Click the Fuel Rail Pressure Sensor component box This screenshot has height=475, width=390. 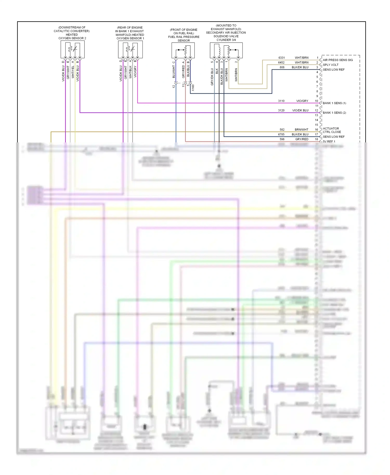pyautogui.click(x=183, y=50)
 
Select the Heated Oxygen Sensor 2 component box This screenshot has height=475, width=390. pyautogui.click(x=73, y=49)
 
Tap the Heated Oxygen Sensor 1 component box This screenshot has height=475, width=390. pyautogui.click(x=130, y=49)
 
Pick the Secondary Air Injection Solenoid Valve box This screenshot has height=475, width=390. pyautogui.click(x=226, y=50)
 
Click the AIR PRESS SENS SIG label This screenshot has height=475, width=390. pyautogui.click(x=338, y=60)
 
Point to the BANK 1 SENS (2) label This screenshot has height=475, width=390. pyautogui.click(x=334, y=113)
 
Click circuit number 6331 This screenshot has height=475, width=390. pyautogui.click(x=282, y=58)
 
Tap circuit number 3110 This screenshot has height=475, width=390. pyautogui.click(x=281, y=101)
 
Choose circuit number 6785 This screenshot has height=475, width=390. pyautogui.click(x=281, y=134)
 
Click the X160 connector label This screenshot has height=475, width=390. pyautogui.click(x=193, y=88)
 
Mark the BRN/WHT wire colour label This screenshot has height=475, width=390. pyautogui.click(x=302, y=129)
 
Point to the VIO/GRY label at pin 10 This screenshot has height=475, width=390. pyautogui.click(x=302, y=101)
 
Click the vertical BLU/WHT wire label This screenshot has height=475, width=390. pyautogui.click(x=174, y=72)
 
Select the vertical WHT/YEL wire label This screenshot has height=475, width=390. pyautogui.click(x=73, y=72)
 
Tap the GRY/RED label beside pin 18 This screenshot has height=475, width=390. pyautogui.click(x=302, y=139)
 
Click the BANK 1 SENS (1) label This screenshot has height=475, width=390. pyautogui.click(x=334, y=103)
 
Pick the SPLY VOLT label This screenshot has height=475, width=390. pyautogui.click(x=331, y=65)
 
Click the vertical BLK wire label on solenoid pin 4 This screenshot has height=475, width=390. pyautogui.click(x=217, y=71)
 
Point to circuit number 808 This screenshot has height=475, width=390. pyautogui.click(x=282, y=67)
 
